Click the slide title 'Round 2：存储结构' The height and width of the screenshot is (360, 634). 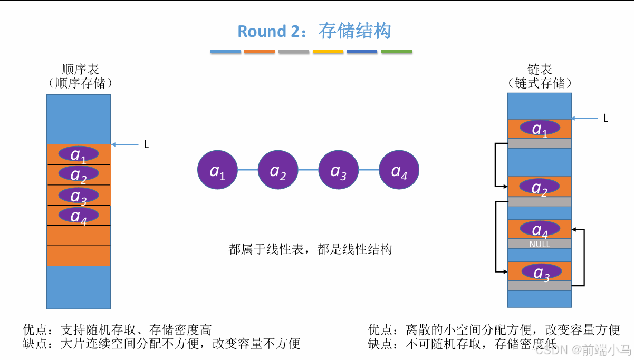pyautogui.click(x=314, y=31)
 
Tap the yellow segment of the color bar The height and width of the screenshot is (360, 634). pyautogui.click(x=328, y=52)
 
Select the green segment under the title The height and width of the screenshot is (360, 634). pyautogui.click(x=396, y=52)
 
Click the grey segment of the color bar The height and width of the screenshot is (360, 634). pyautogui.click(x=294, y=52)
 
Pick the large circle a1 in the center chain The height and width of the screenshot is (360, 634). pyautogui.click(x=217, y=170)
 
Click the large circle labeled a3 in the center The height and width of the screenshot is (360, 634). pyautogui.click(x=339, y=170)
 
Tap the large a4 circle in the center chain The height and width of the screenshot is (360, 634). pyautogui.click(x=399, y=170)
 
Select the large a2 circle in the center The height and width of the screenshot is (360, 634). pyautogui.click(x=278, y=170)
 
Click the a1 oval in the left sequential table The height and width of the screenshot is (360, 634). pyautogui.click(x=79, y=154)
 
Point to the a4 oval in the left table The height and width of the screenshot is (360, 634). pyautogui.click(x=79, y=215)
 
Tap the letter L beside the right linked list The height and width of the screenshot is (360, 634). pyautogui.click(x=606, y=119)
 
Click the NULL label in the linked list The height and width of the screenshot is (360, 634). pyautogui.click(x=540, y=244)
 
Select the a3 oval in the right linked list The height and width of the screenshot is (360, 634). pyautogui.click(x=542, y=272)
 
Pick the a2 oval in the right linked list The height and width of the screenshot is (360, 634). pyautogui.click(x=540, y=187)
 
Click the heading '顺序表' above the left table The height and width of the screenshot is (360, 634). pyautogui.click(x=80, y=70)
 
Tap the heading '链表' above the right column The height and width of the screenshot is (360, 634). pyautogui.click(x=540, y=70)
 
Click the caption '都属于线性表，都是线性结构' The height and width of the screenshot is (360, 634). pyautogui.click(x=310, y=249)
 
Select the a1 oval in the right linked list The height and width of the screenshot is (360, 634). pyautogui.click(x=540, y=128)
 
